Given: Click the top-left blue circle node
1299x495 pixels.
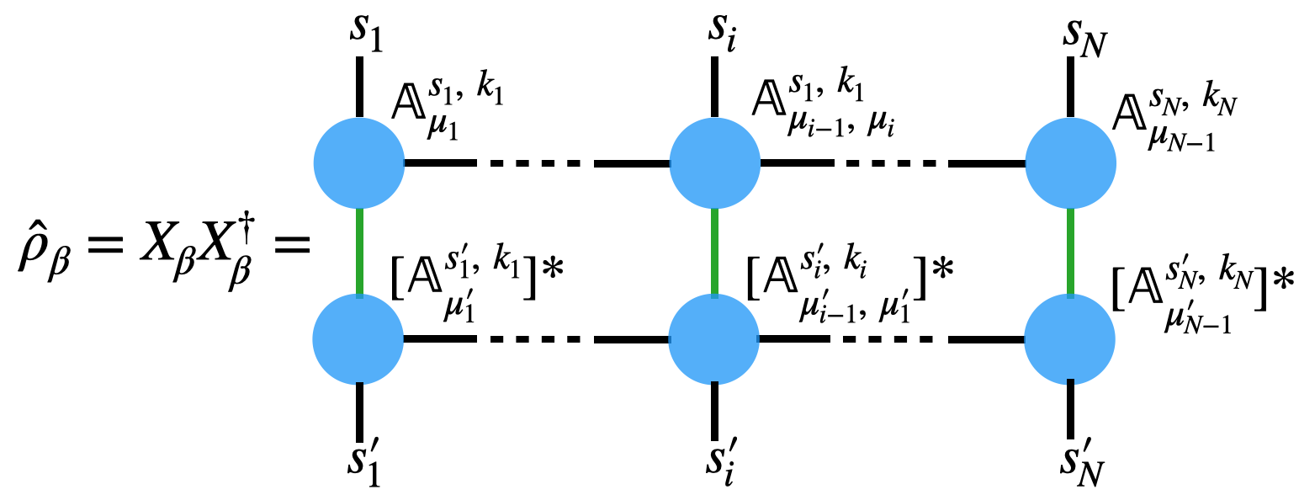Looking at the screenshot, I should click(359, 163).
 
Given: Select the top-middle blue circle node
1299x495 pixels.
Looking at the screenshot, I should click(714, 163).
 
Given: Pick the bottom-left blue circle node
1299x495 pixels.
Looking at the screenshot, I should click(359, 339).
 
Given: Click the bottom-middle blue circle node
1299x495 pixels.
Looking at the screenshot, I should click(714, 339).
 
